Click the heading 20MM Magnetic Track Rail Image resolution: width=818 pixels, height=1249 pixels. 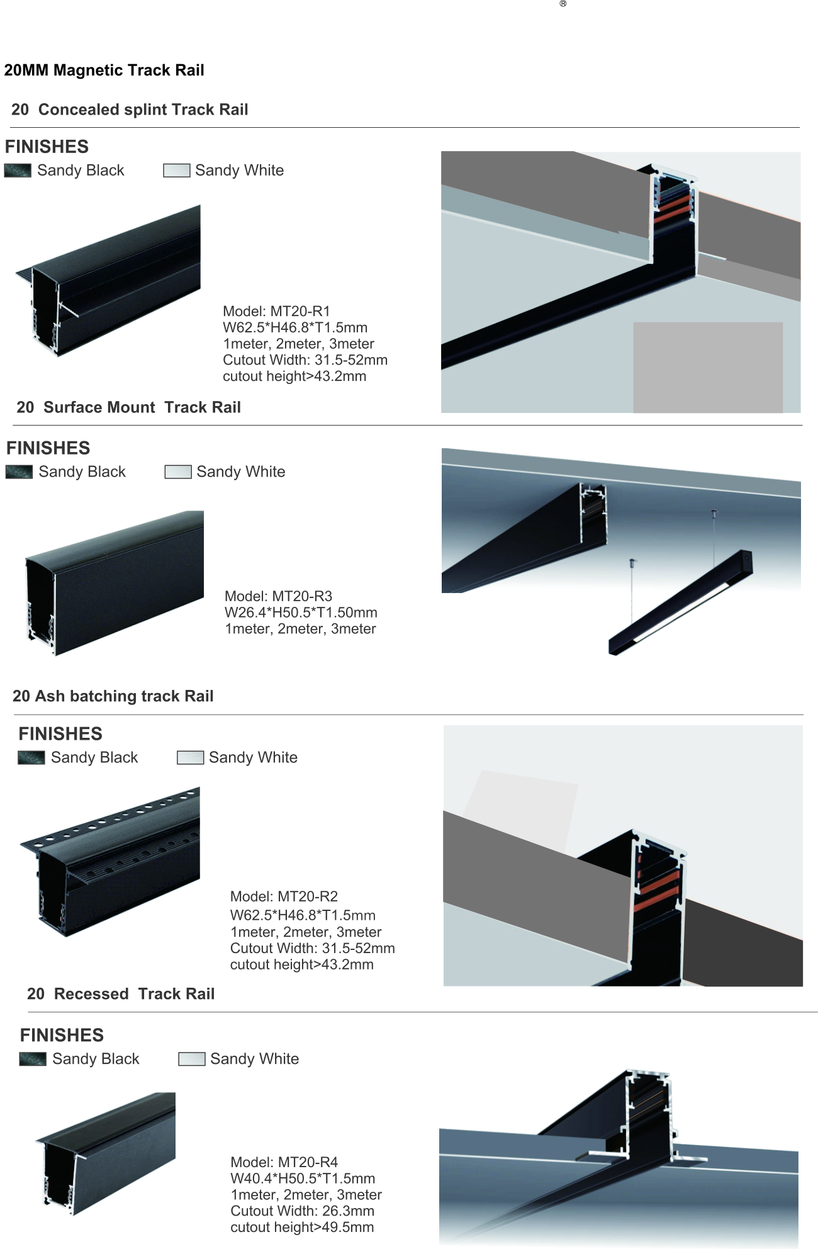pyautogui.click(x=104, y=70)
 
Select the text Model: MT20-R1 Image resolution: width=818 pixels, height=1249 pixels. pyautogui.click(x=276, y=311)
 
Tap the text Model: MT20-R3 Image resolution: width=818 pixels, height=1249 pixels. pyautogui.click(x=278, y=596)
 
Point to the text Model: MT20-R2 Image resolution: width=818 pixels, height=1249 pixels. pyautogui.click(x=284, y=896)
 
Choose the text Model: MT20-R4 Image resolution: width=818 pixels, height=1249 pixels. pyautogui.click(x=284, y=1162)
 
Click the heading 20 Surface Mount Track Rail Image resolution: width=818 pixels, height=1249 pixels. pyautogui.click(x=129, y=407)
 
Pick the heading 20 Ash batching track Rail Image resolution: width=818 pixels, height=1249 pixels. pyautogui.click(x=113, y=696)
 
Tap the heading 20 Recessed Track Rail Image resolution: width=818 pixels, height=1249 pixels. pyautogui.click(x=121, y=993)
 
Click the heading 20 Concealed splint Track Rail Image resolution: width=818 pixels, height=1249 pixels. pyautogui.click(x=130, y=110)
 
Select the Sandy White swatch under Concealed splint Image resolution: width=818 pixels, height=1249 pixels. pyautogui.click(x=177, y=171)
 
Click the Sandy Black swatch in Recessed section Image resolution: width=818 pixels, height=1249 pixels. pyautogui.click(x=33, y=1059)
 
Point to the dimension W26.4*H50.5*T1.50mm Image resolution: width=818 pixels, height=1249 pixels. pyautogui.click(x=301, y=613)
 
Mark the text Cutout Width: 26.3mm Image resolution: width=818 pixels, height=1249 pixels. pyautogui.click(x=302, y=1211)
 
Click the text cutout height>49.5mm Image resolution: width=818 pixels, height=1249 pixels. pyautogui.click(x=302, y=1228)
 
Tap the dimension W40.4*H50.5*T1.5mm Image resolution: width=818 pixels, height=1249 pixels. pyautogui.click(x=303, y=1178)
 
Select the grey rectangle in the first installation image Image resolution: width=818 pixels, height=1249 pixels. pyautogui.click(x=708, y=368)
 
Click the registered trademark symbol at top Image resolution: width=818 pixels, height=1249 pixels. pyautogui.click(x=563, y=4)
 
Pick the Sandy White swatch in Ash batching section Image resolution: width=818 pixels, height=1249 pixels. pyautogui.click(x=191, y=757)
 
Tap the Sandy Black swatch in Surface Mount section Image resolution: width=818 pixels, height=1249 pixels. pyautogui.click(x=19, y=472)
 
